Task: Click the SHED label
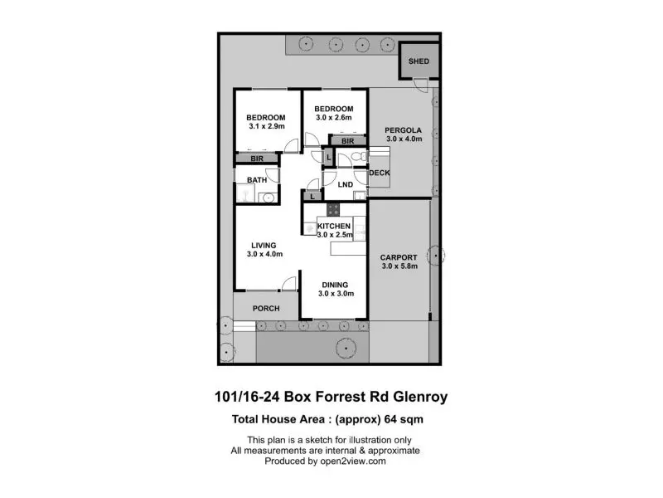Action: click(x=419, y=61)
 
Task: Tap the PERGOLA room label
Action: click(x=403, y=130)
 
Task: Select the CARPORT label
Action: click(x=399, y=257)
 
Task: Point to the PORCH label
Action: click(x=266, y=308)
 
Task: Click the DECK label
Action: click(x=380, y=173)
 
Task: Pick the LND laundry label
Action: click(x=346, y=184)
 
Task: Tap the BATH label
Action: click(x=257, y=180)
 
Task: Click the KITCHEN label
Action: click(x=334, y=226)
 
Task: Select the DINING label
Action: click(x=335, y=285)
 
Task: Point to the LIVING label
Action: click(x=264, y=246)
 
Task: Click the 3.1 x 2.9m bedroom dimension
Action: click(x=267, y=126)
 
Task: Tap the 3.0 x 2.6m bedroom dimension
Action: click(x=334, y=117)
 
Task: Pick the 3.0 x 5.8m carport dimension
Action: click(x=399, y=266)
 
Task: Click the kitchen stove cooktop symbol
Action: click(x=333, y=209)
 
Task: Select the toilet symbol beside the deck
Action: click(x=359, y=157)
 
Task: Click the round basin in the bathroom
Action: click(x=267, y=198)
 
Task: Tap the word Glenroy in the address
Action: click(x=420, y=397)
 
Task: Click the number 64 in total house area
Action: click(x=390, y=419)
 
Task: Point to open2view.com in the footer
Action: click(x=353, y=461)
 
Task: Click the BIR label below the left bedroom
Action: click(x=257, y=159)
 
